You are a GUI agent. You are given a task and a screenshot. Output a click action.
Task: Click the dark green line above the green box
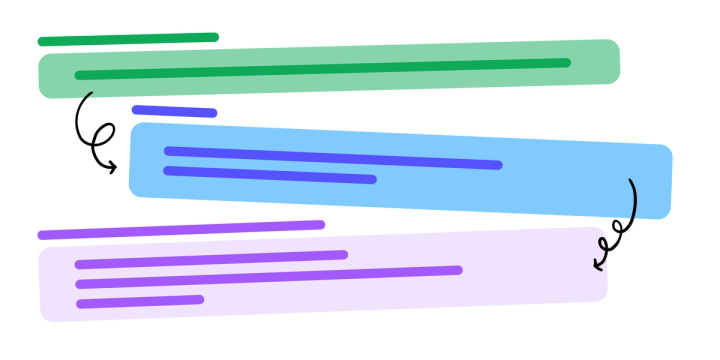[x=128, y=39]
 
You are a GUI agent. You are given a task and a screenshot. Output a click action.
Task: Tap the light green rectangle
[x=330, y=85]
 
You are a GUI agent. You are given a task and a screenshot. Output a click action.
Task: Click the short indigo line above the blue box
[x=174, y=111]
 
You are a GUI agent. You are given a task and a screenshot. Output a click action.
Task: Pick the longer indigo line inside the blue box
[x=332, y=158]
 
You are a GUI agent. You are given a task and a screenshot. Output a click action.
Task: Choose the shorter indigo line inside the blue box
[x=270, y=175]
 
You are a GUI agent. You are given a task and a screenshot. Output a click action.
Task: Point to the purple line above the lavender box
[x=181, y=230]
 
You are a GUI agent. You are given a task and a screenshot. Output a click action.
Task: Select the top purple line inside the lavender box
[x=211, y=259]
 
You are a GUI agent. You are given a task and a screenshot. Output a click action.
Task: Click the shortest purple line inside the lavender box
[x=140, y=301]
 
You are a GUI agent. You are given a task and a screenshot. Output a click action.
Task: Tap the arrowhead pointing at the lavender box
[x=597, y=265]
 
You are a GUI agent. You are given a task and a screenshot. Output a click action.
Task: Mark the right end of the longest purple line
[x=458, y=270]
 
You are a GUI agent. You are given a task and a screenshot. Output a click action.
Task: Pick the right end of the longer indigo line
[x=498, y=165]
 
